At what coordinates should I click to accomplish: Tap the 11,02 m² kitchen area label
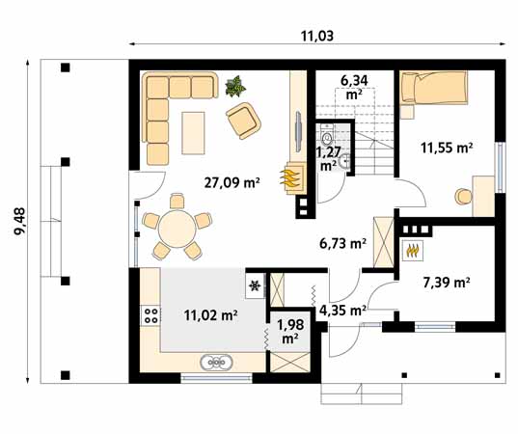coord(210,313)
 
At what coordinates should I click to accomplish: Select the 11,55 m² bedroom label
coord(447,148)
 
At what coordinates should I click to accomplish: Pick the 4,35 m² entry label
coord(342,311)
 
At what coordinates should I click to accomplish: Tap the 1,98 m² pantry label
coord(288,329)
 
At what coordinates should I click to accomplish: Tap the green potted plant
coord(233,89)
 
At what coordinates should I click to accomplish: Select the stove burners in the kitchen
coord(150,313)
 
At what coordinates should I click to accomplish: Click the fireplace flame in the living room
coord(289,177)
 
